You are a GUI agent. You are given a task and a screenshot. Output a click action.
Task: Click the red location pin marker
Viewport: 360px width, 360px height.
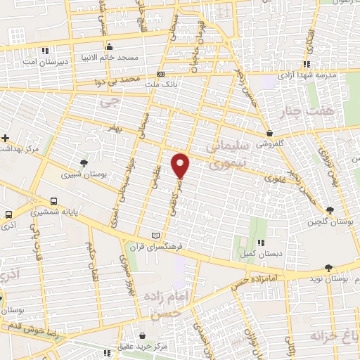point(181,165)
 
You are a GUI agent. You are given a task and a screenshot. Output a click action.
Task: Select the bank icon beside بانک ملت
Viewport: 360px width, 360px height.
point(161,74)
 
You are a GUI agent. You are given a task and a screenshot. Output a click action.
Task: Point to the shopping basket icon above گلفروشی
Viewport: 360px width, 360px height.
point(269,132)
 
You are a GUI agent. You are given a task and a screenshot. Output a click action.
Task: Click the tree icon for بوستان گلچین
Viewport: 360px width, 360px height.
point(330,209)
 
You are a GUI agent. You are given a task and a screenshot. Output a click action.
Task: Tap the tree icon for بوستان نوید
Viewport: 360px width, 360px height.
point(328,267)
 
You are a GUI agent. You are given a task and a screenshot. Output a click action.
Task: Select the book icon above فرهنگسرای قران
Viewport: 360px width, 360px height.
point(156,234)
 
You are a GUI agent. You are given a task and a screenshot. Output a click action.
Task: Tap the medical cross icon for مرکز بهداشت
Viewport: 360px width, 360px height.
point(5,138)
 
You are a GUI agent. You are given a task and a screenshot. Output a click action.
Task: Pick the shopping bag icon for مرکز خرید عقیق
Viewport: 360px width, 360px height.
point(143,337)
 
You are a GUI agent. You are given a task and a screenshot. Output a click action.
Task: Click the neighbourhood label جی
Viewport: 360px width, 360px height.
point(107,103)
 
